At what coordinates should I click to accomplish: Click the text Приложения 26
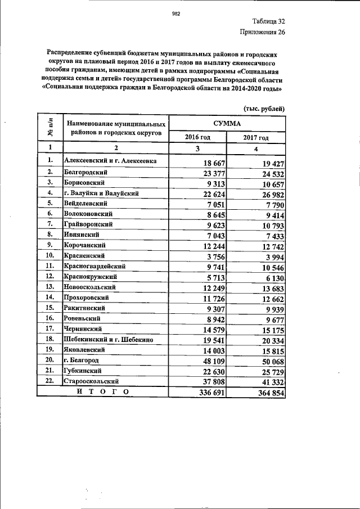click(x=263, y=32)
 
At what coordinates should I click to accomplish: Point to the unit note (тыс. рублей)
click(x=264, y=109)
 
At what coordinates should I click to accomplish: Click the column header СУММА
click(x=227, y=123)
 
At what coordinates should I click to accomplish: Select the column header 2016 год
click(x=197, y=138)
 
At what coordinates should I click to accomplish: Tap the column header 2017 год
click(x=256, y=138)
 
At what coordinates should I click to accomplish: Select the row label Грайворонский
click(x=88, y=224)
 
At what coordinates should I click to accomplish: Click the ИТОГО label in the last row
click(x=102, y=392)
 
